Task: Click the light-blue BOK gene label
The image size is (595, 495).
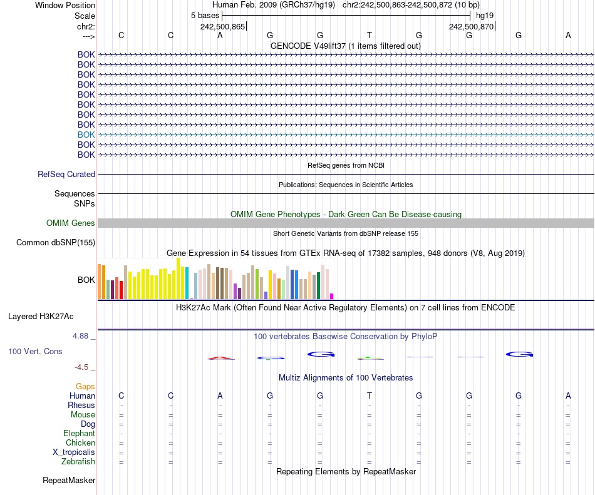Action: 86,135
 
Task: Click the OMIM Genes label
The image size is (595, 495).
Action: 71,223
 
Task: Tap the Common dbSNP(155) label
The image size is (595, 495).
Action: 56,243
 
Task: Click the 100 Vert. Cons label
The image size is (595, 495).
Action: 35,352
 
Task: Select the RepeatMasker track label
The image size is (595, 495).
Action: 69,481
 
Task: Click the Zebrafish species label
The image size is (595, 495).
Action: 78,462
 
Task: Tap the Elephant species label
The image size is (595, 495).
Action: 79,434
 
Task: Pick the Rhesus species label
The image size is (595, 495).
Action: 81,406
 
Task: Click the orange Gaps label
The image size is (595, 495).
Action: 85,387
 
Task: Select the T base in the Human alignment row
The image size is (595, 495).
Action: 370,395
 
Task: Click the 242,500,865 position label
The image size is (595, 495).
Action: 222,27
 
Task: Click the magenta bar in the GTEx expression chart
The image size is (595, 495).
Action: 332,296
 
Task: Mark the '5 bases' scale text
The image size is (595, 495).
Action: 205,15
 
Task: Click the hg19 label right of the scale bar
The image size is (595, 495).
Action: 485,15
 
